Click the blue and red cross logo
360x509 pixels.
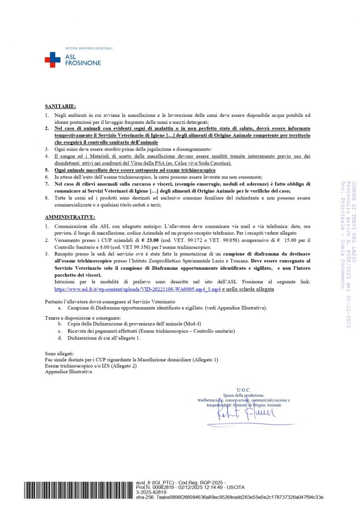coord(52,60)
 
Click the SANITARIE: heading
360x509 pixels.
coord(60,106)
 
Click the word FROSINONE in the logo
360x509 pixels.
coord(83,63)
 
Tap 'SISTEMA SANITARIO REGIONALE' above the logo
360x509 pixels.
coord(89,48)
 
